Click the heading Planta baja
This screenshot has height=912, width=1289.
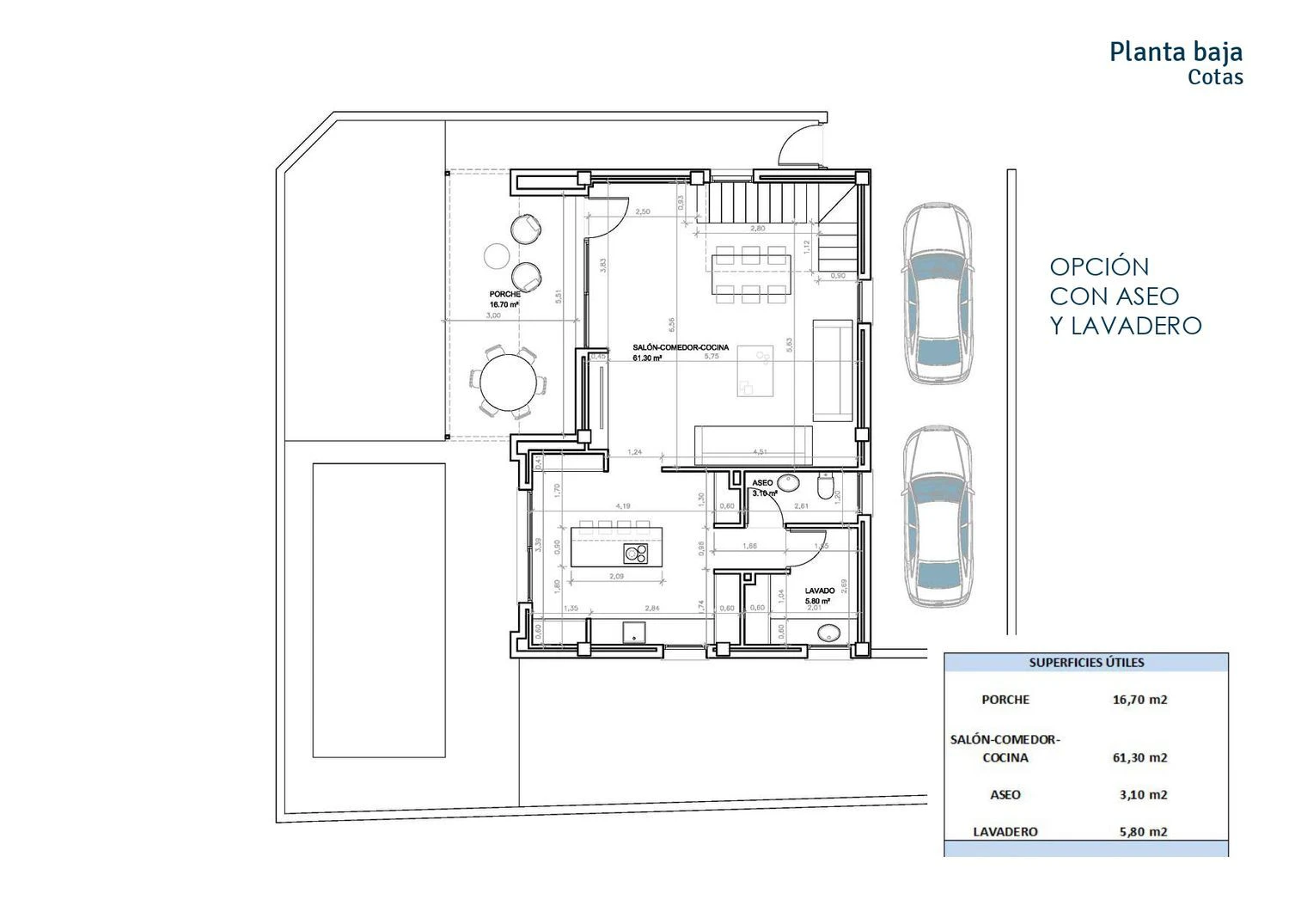pyautogui.click(x=1175, y=52)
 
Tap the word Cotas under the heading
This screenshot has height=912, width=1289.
pyautogui.click(x=1215, y=77)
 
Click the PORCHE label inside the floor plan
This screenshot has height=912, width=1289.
pyautogui.click(x=505, y=295)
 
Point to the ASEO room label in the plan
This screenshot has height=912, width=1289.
pyautogui.click(x=762, y=483)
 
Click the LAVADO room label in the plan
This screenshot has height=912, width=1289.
pyautogui.click(x=820, y=591)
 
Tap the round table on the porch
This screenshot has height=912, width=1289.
pyautogui.click(x=507, y=383)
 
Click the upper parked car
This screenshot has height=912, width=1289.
pyautogui.click(x=938, y=292)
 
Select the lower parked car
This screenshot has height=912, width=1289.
pyautogui.click(x=938, y=517)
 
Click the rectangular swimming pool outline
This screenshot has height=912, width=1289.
pyautogui.click(x=379, y=610)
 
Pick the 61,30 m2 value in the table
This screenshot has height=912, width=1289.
pyautogui.click(x=1139, y=757)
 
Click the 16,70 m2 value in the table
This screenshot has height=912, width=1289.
pyautogui.click(x=1139, y=700)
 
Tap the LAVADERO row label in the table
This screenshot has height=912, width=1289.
pyautogui.click(x=1005, y=831)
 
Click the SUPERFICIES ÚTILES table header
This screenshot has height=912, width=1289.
pyautogui.click(x=1086, y=663)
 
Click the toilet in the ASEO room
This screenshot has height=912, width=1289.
pyautogui.click(x=826, y=489)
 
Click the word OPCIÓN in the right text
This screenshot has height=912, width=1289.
pyautogui.click(x=1099, y=266)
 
